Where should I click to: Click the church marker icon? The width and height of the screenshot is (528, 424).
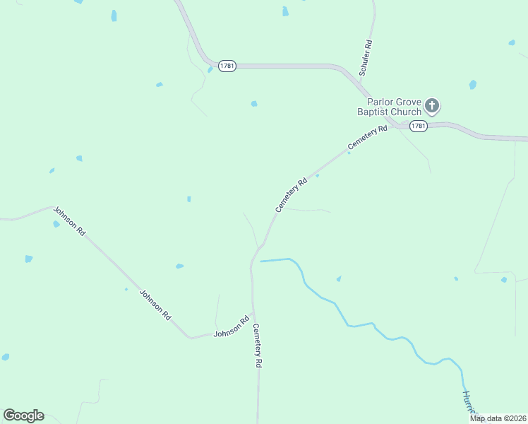[433, 107]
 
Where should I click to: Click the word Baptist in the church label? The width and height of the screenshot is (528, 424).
[373, 112]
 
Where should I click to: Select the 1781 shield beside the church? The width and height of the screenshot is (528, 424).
[418, 126]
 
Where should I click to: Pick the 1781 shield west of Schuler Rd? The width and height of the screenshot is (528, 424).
[227, 65]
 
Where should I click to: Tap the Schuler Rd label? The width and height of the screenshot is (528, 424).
[365, 58]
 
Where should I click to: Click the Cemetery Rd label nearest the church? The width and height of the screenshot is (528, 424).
[368, 138]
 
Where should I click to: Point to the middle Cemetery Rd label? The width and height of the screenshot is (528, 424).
[292, 194]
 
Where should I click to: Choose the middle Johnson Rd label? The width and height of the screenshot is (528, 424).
[155, 305]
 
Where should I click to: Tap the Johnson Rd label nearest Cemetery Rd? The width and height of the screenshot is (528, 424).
[232, 326]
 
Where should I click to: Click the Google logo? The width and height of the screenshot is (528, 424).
[23, 416]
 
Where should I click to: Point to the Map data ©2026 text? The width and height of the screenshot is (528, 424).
[498, 418]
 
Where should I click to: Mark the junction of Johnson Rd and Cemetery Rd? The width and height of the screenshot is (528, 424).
[253, 312]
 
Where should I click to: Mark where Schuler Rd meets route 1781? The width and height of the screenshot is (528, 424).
[361, 83]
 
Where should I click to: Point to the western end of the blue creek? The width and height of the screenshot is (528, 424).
[261, 261]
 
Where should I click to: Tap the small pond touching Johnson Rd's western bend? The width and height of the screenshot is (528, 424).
[56, 224]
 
